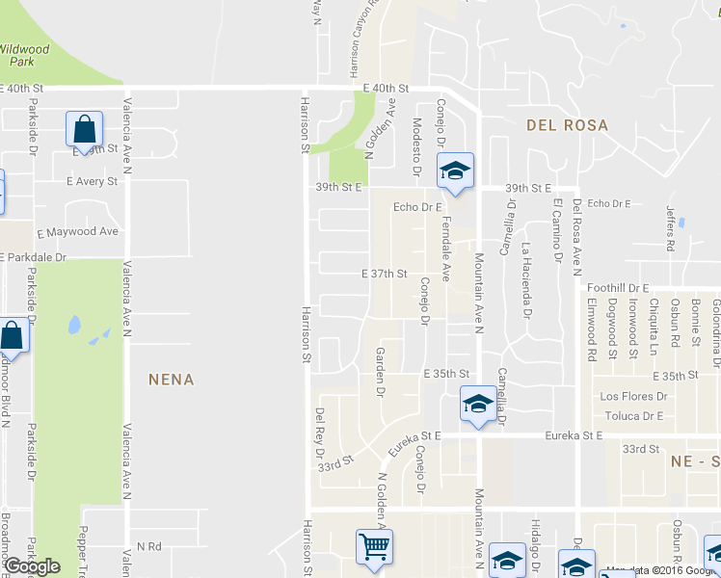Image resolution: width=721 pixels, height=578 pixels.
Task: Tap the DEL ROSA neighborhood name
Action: click(567, 125)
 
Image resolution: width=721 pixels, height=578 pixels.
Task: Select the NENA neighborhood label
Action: click(172, 380)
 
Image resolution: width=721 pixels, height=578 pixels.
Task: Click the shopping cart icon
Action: click(373, 547)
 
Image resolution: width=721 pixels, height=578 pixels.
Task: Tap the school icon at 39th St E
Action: click(455, 171)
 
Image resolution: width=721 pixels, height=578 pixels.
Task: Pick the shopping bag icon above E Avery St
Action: click(84, 129)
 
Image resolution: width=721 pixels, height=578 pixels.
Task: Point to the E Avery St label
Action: click(93, 181)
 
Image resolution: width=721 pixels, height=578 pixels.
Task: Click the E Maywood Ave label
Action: click(77, 232)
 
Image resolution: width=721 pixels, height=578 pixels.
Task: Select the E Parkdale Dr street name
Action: click(35, 257)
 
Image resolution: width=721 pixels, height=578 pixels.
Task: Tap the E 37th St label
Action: click(385, 274)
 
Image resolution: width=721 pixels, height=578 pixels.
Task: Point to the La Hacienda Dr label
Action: click(526, 280)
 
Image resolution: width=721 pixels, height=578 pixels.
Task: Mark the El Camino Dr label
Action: click(557, 229)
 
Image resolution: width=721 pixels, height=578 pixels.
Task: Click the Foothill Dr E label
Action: click(618, 287)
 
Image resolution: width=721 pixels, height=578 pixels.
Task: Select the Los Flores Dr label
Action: click(633, 396)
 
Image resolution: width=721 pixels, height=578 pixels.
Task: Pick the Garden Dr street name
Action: click(380, 373)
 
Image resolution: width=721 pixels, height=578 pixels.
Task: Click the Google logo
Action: click(32, 566)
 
